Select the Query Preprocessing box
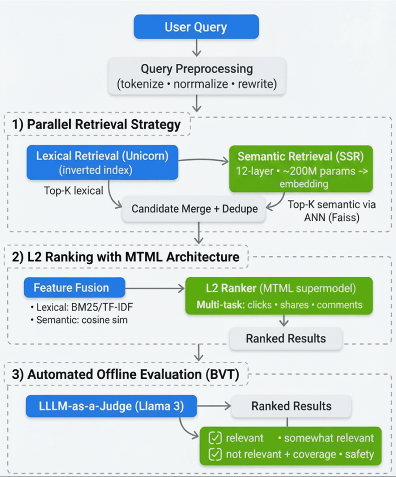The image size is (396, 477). coord(197,76)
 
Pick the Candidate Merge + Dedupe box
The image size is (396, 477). coord(194,208)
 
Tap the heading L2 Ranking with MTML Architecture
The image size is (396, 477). coord(125,257)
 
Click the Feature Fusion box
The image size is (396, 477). coord(74,288)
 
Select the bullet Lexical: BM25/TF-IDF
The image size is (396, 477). coord(81,308)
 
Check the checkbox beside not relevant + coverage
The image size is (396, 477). coord(215,454)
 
